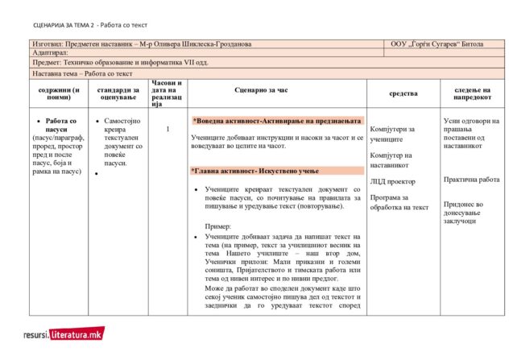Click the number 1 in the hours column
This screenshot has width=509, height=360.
[168, 129]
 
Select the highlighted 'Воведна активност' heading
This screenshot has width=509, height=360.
[277, 120]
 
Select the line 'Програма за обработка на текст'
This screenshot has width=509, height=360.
[399, 202]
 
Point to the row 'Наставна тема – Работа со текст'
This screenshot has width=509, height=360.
[83, 73]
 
